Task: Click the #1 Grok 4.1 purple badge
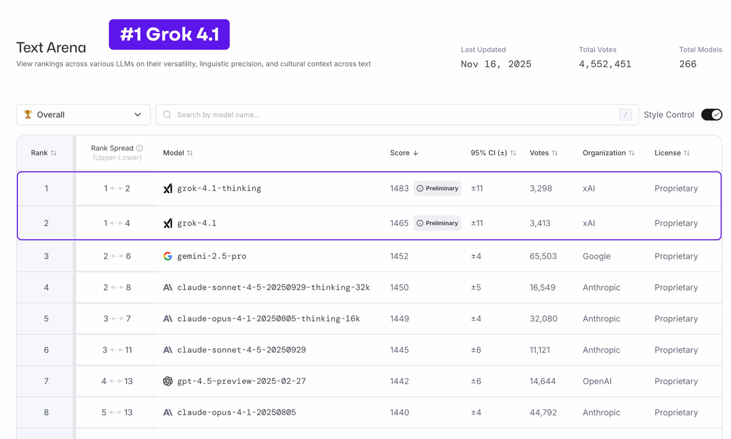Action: (169, 35)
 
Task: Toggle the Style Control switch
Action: (711, 115)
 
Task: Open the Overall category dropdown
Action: (83, 115)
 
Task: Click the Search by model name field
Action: (396, 115)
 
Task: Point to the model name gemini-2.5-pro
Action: (212, 256)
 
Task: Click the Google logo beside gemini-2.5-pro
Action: (168, 256)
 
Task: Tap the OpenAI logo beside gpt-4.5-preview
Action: (168, 381)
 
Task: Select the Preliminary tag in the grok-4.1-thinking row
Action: (437, 189)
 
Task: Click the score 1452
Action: (399, 256)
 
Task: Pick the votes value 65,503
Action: (543, 256)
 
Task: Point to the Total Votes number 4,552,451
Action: (605, 64)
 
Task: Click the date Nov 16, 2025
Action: (496, 64)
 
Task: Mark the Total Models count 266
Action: (688, 64)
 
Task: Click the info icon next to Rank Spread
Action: (140, 148)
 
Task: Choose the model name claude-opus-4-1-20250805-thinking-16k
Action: (269, 319)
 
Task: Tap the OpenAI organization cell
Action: (597, 381)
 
